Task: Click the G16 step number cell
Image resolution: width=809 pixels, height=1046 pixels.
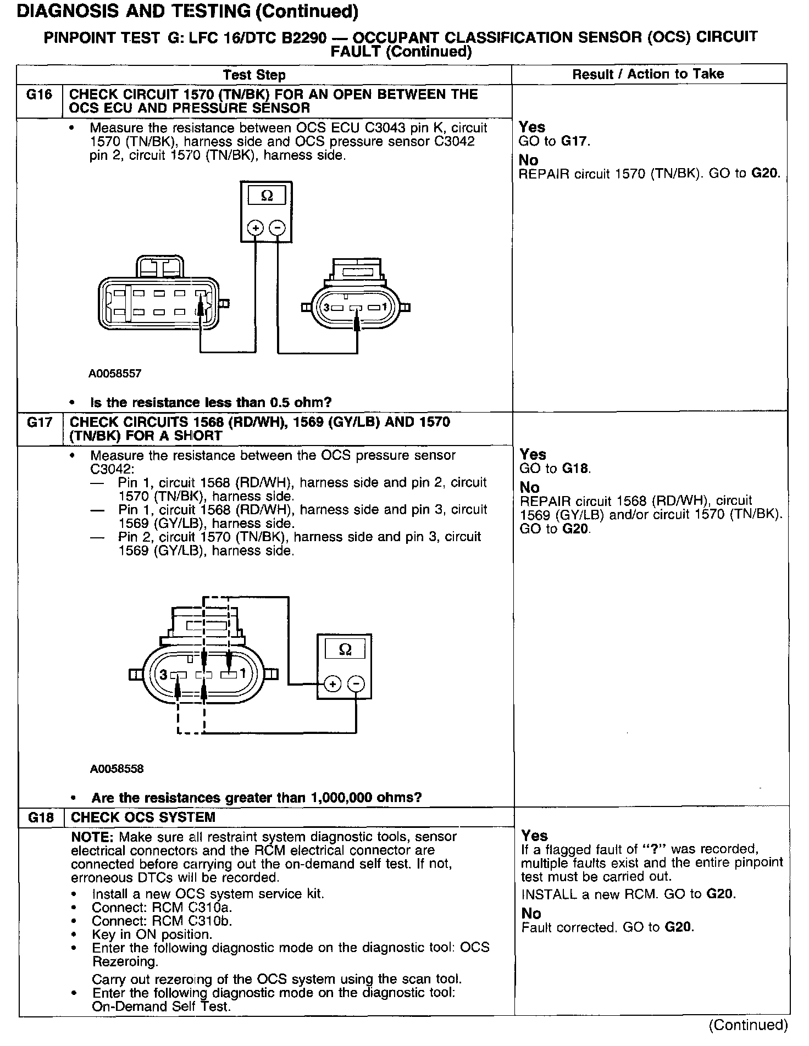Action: pos(39,95)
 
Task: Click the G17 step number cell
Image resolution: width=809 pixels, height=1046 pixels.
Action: pos(40,422)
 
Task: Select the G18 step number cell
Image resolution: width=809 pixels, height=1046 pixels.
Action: pos(40,817)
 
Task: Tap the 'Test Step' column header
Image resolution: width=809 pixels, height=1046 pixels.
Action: pos(254,75)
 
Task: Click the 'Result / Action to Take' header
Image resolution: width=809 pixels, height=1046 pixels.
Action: pos(648,74)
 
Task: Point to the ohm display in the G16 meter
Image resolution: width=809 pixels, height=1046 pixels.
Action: pos(267,196)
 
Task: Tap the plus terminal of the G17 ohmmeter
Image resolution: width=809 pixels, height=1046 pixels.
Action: pos(332,684)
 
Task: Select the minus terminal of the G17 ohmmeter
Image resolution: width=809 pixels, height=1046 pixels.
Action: pos(356,684)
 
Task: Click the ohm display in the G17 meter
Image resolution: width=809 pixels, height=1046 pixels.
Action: pos(345,649)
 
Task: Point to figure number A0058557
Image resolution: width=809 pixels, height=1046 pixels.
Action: pos(115,374)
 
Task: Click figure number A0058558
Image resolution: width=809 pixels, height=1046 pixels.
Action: pos(117,769)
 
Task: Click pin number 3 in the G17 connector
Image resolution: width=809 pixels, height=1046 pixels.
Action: pos(163,674)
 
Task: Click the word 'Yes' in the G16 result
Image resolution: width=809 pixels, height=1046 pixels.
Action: pos(531,127)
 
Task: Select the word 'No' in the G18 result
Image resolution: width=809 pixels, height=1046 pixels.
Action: pos(531,914)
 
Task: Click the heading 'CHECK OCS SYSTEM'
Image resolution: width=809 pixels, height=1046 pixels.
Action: pos(143,817)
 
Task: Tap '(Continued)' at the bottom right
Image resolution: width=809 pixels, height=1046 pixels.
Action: pos(749,1025)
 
